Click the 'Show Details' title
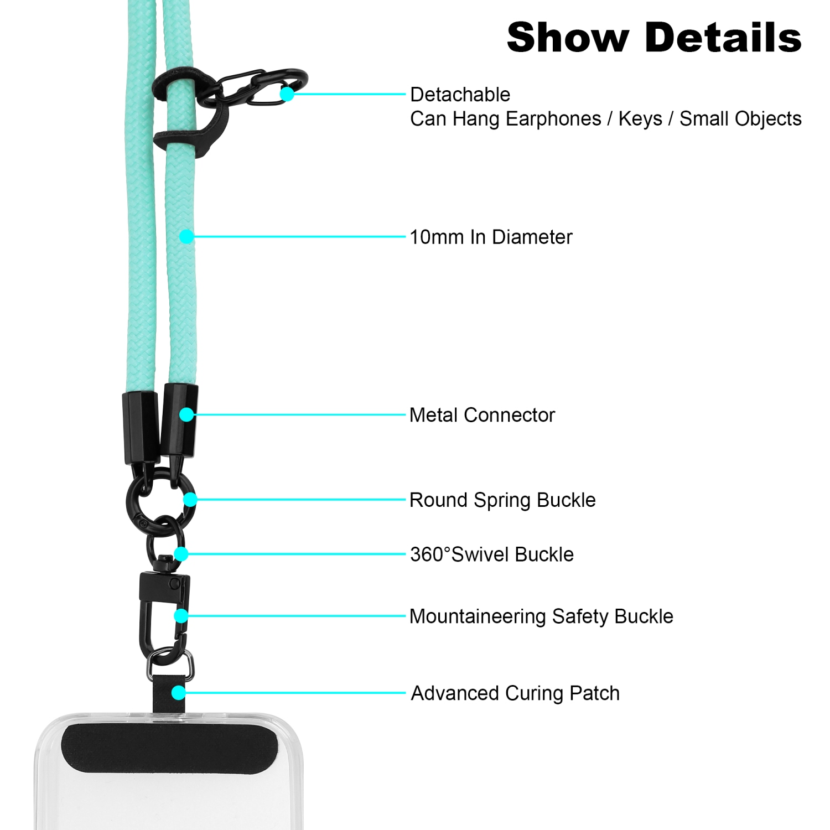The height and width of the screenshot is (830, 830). (654, 38)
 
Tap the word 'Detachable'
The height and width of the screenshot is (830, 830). (460, 95)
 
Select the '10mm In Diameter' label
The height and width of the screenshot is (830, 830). (491, 237)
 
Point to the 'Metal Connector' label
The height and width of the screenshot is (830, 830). (482, 415)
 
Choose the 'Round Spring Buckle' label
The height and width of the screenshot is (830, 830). (502, 500)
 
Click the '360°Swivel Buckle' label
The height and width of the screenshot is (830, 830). (492, 554)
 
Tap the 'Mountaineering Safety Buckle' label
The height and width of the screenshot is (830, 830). (541, 616)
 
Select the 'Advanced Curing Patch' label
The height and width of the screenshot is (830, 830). (515, 693)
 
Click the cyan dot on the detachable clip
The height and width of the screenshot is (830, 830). (287, 94)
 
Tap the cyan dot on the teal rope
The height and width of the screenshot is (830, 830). (186, 237)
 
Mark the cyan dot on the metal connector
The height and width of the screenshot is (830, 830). (186, 414)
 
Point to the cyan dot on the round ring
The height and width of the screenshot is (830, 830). (190, 500)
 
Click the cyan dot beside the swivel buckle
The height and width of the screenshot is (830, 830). (181, 554)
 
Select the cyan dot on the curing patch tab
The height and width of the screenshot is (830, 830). (178, 693)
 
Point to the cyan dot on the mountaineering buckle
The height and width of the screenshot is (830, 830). (181, 616)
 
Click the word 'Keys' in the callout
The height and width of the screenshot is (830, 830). (640, 119)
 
